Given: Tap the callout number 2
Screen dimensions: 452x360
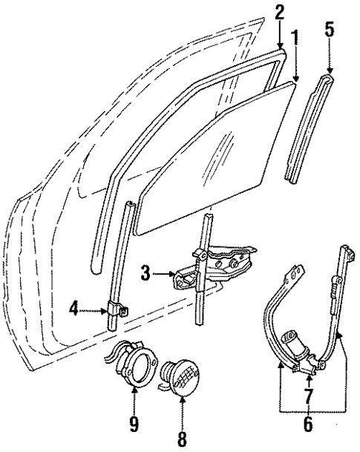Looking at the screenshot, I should pos(279,13).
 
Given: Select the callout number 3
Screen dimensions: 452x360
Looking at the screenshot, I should pos(146,274).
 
